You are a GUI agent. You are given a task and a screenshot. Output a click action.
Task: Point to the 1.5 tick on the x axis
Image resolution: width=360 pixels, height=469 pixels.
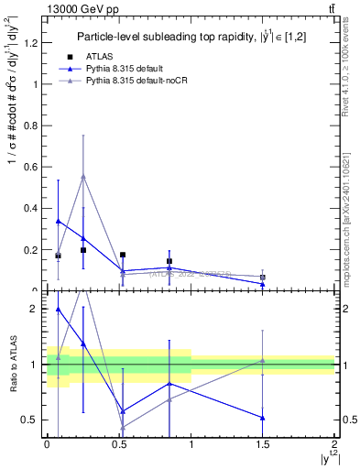[x=263, y=444]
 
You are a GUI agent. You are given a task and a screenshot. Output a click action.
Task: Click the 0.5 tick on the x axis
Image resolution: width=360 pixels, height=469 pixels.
[x=118, y=444]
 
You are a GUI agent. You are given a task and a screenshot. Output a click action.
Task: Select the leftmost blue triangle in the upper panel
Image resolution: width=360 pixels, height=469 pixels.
[x=59, y=221]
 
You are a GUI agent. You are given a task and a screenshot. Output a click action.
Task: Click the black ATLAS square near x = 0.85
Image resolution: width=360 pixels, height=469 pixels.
[x=169, y=261]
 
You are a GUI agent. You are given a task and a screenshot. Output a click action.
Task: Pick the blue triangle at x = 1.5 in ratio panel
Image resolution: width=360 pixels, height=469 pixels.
[x=263, y=418]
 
